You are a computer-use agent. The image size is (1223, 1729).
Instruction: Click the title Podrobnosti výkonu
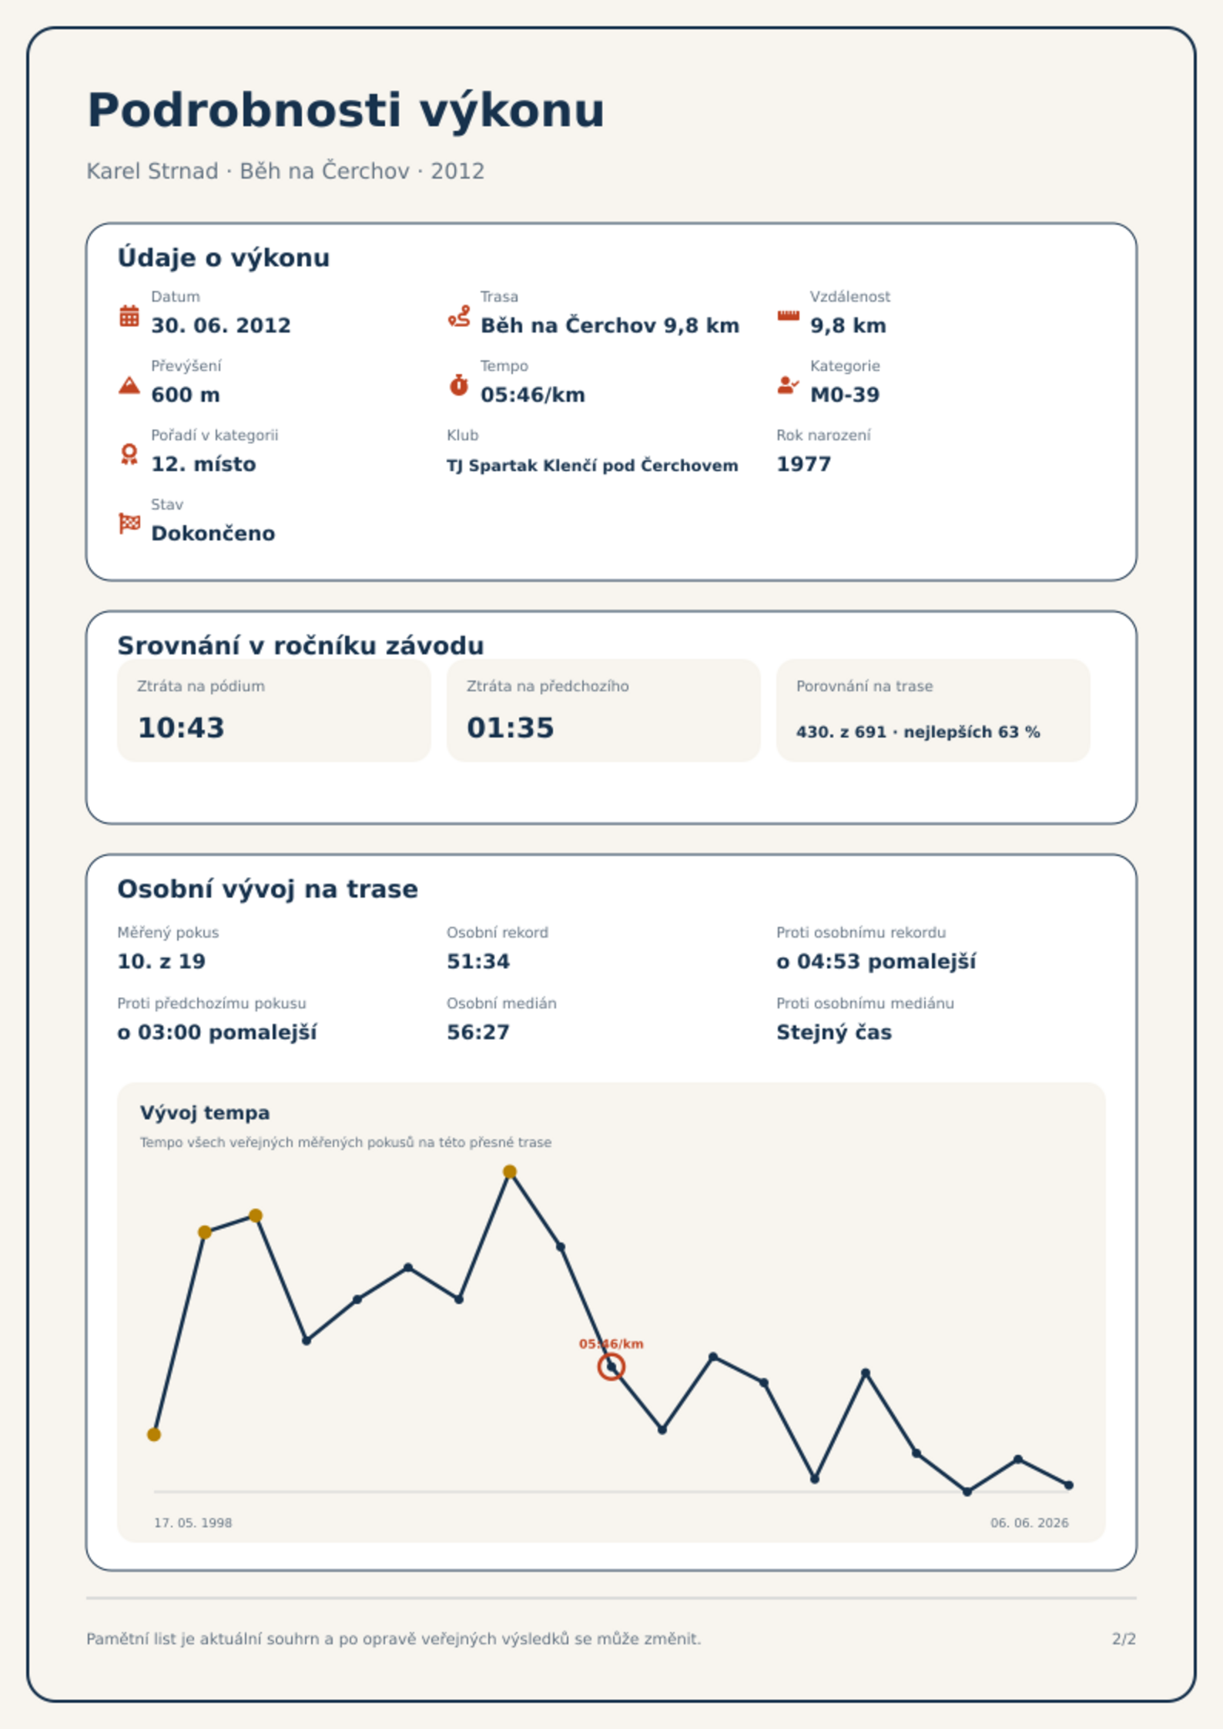click(346, 111)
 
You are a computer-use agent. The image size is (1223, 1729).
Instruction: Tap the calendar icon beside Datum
click(129, 316)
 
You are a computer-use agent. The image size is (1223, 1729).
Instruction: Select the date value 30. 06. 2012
click(221, 326)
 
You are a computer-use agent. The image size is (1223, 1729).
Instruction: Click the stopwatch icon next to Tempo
click(459, 385)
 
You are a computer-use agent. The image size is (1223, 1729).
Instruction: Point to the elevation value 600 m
click(186, 395)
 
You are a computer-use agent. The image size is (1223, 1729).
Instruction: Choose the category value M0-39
click(845, 395)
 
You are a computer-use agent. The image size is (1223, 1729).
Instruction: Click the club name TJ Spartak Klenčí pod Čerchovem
click(592, 466)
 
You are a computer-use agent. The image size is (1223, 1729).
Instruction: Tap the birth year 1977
click(804, 464)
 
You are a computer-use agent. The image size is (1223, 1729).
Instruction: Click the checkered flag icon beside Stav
click(129, 523)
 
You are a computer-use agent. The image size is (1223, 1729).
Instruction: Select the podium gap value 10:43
click(181, 727)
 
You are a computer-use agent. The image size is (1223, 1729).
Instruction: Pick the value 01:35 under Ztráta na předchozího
click(511, 727)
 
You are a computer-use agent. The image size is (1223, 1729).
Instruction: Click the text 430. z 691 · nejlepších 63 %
click(918, 732)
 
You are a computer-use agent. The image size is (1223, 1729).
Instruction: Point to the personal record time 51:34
click(478, 961)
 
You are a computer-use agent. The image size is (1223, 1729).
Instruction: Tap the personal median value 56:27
click(478, 1032)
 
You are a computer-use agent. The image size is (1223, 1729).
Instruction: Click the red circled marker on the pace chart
click(611, 1367)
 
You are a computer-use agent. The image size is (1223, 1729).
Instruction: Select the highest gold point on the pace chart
click(510, 1172)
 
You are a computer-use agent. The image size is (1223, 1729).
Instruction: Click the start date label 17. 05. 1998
click(193, 1523)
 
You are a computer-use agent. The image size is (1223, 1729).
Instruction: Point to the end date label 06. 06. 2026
click(1030, 1523)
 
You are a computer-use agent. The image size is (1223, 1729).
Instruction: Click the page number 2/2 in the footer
click(1124, 1639)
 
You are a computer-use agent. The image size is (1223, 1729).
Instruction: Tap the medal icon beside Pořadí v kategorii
click(129, 454)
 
